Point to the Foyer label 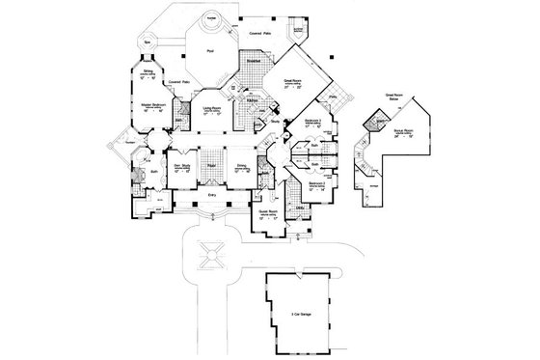pos(208,167)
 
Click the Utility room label pos(301,207)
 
